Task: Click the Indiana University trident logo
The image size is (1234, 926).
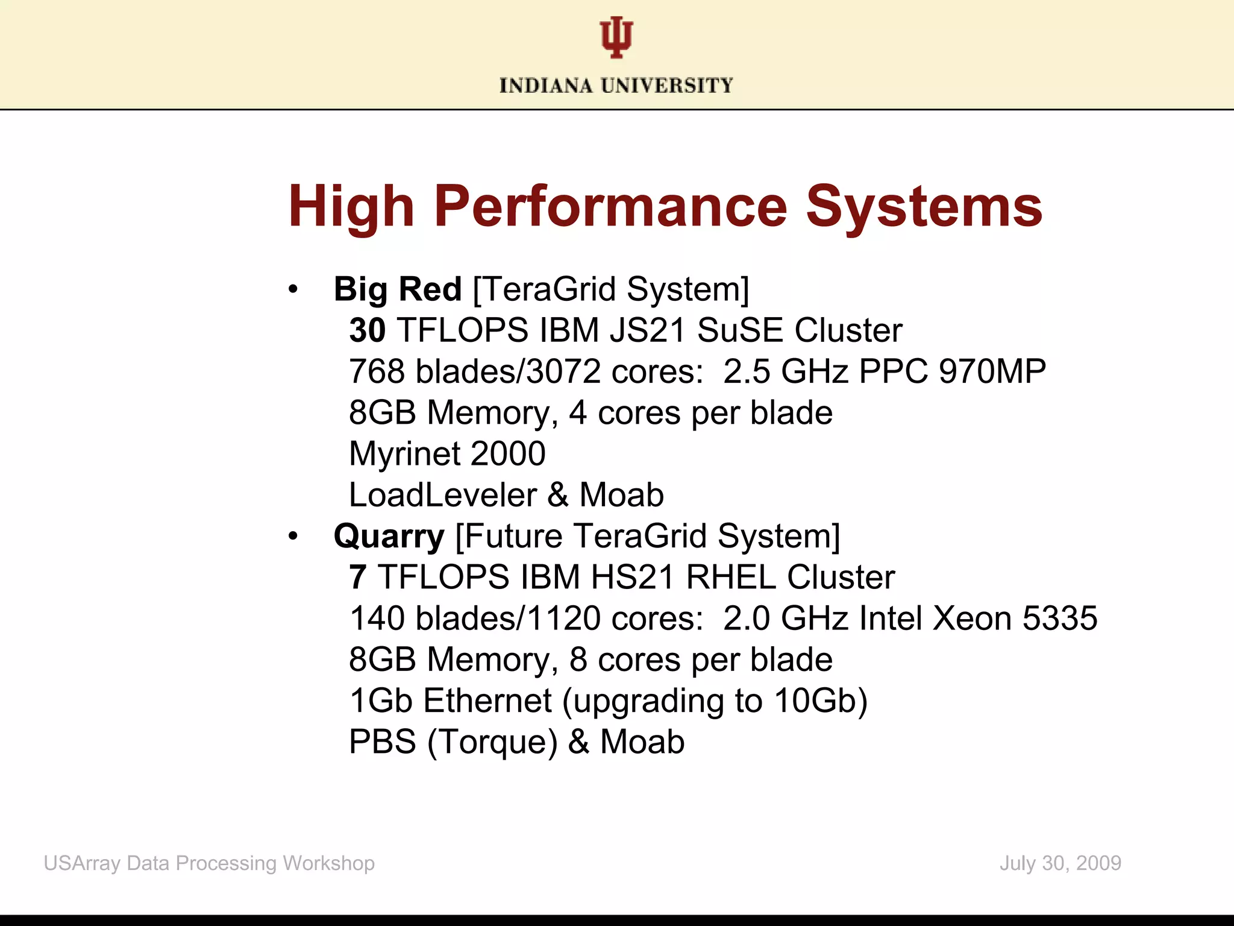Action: (x=616, y=38)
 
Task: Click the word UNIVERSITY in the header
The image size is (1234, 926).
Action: (x=667, y=86)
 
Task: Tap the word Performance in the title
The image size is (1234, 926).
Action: (x=610, y=207)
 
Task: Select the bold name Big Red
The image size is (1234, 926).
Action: (x=398, y=289)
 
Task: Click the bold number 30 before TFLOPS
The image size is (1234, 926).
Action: (x=367, y=330)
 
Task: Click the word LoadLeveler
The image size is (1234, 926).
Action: (x=442, y=496)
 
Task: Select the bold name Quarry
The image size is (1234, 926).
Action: (x=389, y=537)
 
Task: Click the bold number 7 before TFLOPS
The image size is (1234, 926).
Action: (x=357, y=578)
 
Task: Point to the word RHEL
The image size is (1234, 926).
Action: (x=731, y=578)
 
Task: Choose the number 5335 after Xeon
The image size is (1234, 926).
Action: (x=1060, y=619)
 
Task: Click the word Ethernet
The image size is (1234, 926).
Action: (x=487, y=701)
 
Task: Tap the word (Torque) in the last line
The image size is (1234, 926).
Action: (x=492, y=742)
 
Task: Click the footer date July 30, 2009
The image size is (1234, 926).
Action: (x=1060, y=863)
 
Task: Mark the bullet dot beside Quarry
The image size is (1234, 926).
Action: (x=293, y=536)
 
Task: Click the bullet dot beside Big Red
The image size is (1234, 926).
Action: (x=293, y=289)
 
